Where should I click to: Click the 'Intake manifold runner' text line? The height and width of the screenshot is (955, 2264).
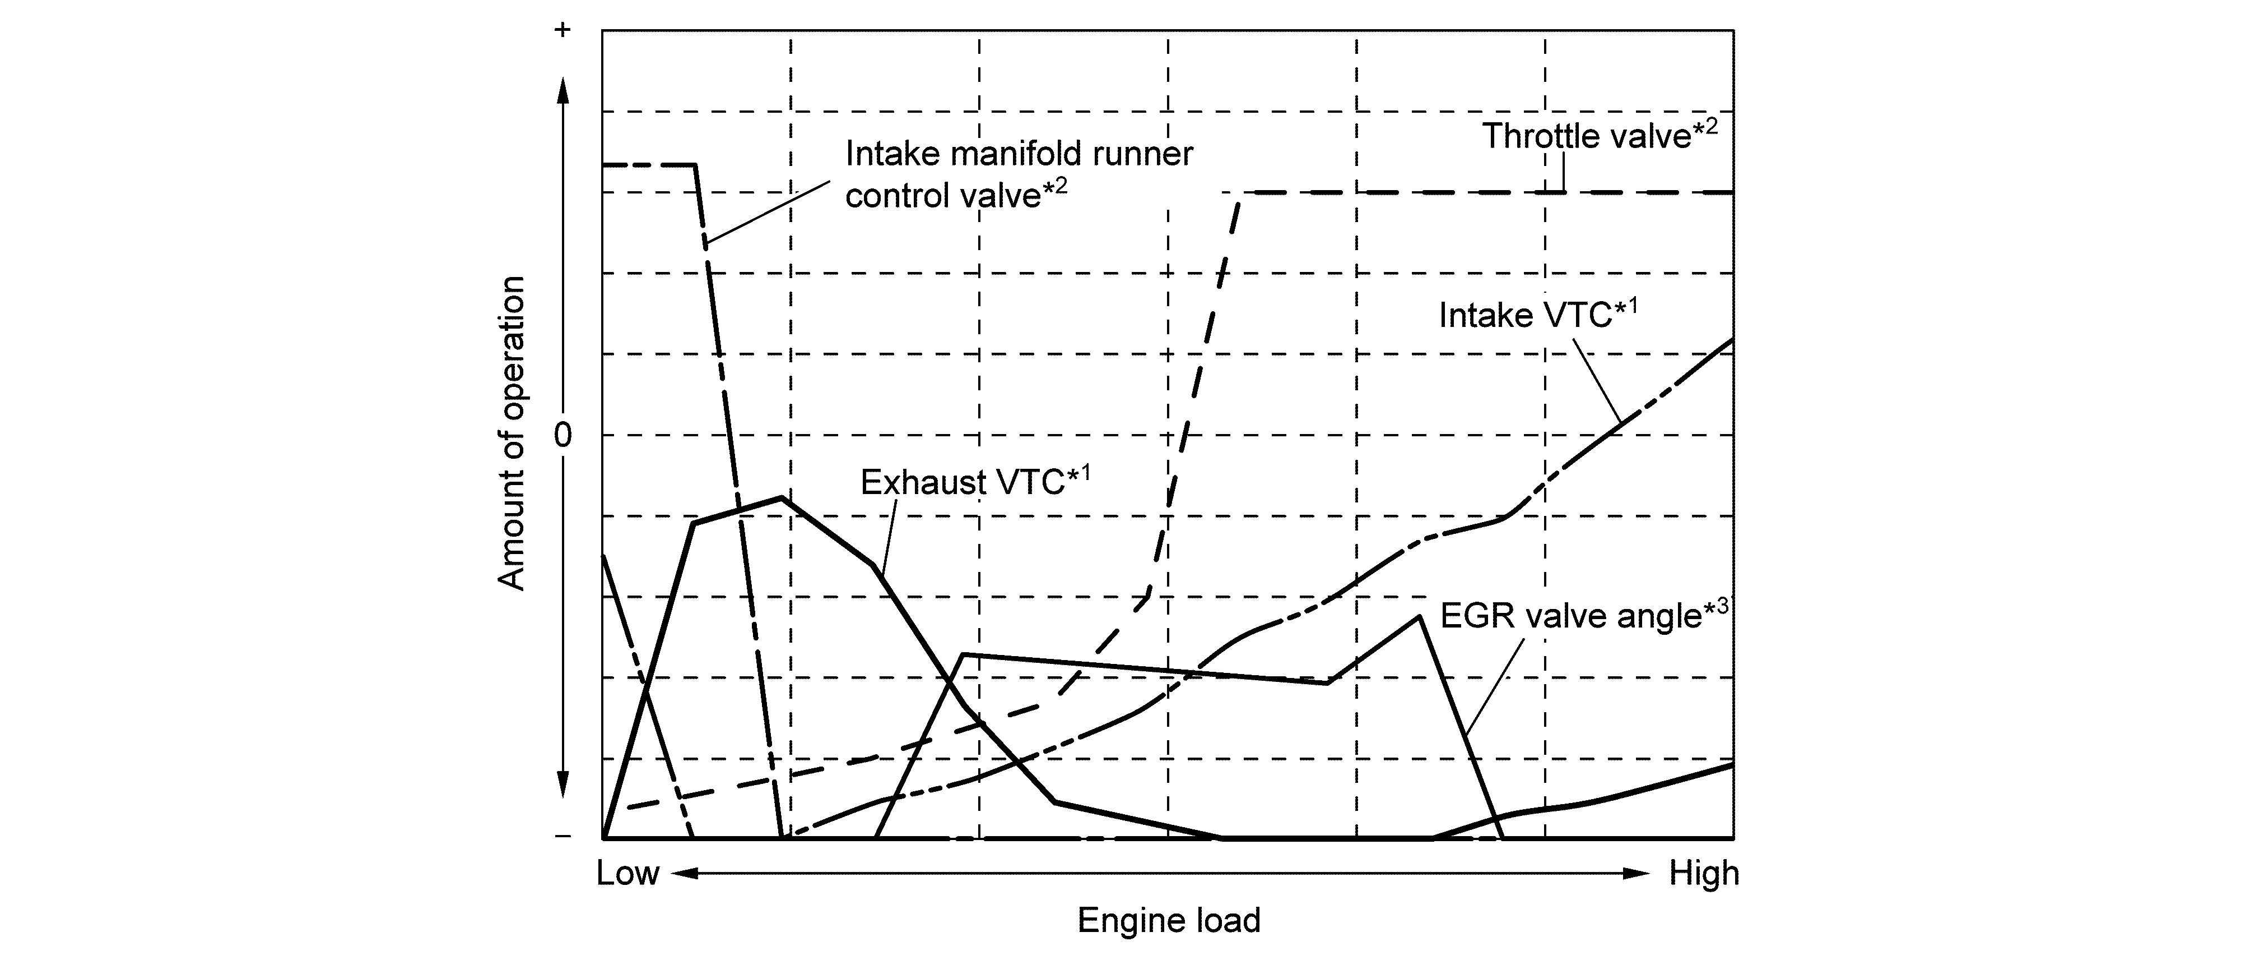point(1019,154)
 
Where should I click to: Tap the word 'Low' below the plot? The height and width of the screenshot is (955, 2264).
point(627,873)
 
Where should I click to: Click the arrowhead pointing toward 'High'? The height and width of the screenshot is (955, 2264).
point(1637,873)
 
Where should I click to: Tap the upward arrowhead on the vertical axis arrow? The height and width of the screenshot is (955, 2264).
point(564,88)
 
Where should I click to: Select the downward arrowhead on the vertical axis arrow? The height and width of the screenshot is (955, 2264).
point(564,783)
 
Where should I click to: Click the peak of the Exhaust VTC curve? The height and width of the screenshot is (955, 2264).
point(782,498)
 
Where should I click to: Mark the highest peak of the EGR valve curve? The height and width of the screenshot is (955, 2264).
point(1419,616)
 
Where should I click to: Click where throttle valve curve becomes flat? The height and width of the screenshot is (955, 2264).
point(1239,192)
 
